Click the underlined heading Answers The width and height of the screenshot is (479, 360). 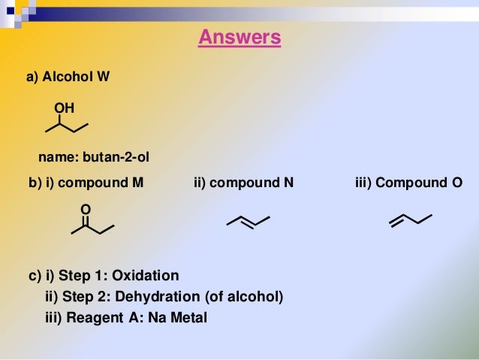click(x=239, y=37)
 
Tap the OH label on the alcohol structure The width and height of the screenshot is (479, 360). click(x=65, y=108)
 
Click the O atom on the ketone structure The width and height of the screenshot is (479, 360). click(x=85, y=208)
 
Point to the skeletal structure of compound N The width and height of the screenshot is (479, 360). click(x=248, y=220)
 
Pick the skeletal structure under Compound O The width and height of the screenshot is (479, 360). click(x=411, y=219)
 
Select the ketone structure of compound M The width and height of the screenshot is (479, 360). click(x=92, y=225)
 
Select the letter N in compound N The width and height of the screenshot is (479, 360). click(x=288, y=183)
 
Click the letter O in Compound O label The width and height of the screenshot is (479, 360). click(x=456, y=183)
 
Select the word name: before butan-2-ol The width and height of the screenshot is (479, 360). click(x=59, y=157)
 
